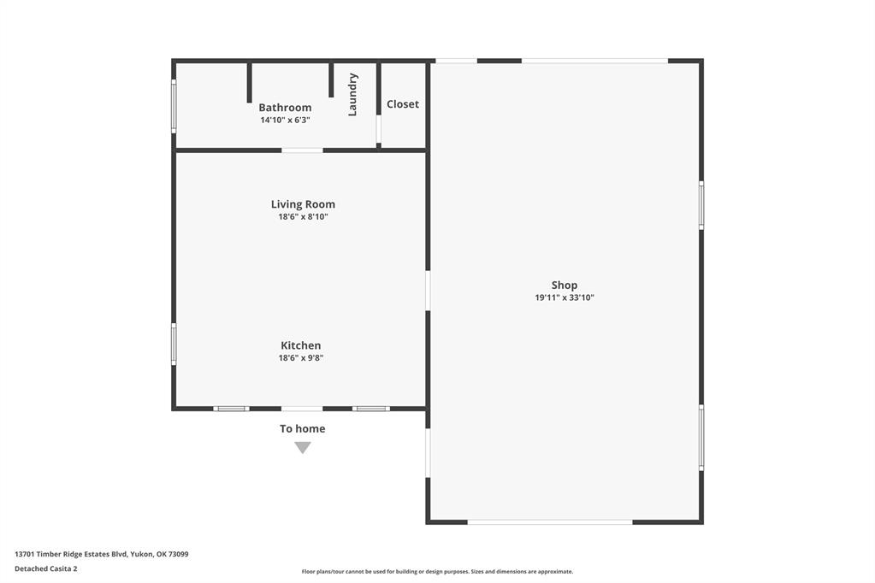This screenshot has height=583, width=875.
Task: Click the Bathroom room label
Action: (285, 108)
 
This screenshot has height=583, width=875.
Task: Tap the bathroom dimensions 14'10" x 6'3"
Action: (285, 120)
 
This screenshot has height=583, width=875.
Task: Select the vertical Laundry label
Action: (352, 95)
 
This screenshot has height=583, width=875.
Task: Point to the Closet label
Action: (402, 104)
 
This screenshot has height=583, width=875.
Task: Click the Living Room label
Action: (303, 204)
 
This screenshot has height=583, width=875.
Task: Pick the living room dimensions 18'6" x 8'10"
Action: (303, 216)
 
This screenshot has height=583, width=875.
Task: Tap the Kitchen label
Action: (301, 345)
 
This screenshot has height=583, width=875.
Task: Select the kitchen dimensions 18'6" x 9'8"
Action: (301, 357)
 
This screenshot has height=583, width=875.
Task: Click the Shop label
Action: (565, 285)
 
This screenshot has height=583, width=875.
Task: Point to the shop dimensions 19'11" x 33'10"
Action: (565, 297)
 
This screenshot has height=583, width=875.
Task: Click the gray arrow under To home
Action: (303, 447)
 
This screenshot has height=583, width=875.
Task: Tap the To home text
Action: (303, 428)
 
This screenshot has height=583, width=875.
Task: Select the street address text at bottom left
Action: (102, 554)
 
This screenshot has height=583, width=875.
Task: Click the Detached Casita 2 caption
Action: (45, 568)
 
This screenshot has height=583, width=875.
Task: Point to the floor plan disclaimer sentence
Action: (438, 571)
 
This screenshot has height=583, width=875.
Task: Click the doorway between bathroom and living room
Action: (302, 150)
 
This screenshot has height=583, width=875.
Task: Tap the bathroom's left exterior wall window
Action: (174, 106)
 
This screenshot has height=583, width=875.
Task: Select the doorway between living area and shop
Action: (428, 291)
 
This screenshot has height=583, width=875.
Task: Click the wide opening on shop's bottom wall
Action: (550, 522)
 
